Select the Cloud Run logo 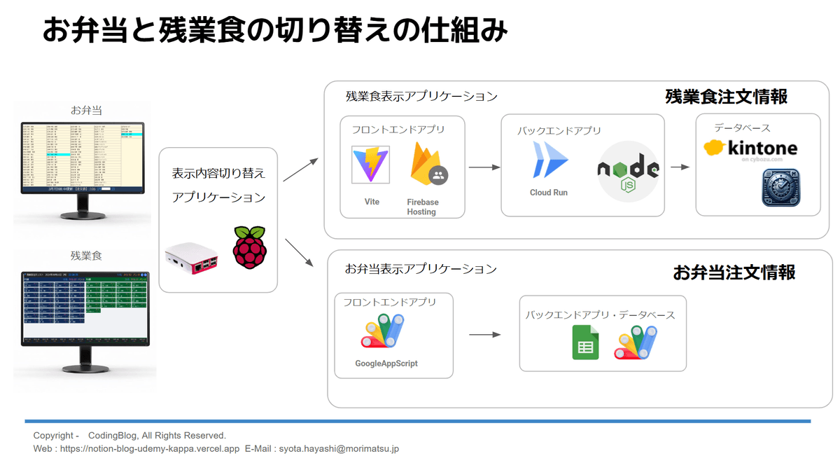pos(549,160)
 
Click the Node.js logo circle pos(628,170)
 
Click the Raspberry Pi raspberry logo pos(250,247)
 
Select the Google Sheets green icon pos(585,343)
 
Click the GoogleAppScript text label pos(386,364)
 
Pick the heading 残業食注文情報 pos(726,97)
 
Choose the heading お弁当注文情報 pos(734,272)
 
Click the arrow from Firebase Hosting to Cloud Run pos(484,167)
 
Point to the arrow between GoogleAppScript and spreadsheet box pos(484,335)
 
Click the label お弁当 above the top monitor pos(87,110)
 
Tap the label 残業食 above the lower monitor pos(86,256)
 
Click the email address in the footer pos(339,448)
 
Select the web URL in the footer pos(150,448)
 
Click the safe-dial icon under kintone pos(780,188)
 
